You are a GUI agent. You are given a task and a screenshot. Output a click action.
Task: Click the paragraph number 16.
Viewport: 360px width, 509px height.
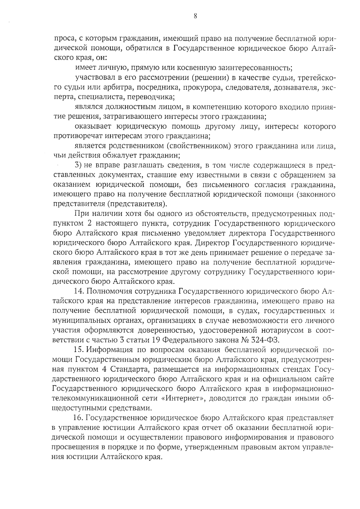point(80,418)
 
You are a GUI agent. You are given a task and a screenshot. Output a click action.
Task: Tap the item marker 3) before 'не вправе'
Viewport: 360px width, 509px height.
point(78,165)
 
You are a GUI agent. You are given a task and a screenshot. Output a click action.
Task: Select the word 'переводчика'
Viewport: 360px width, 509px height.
point(154,97)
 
